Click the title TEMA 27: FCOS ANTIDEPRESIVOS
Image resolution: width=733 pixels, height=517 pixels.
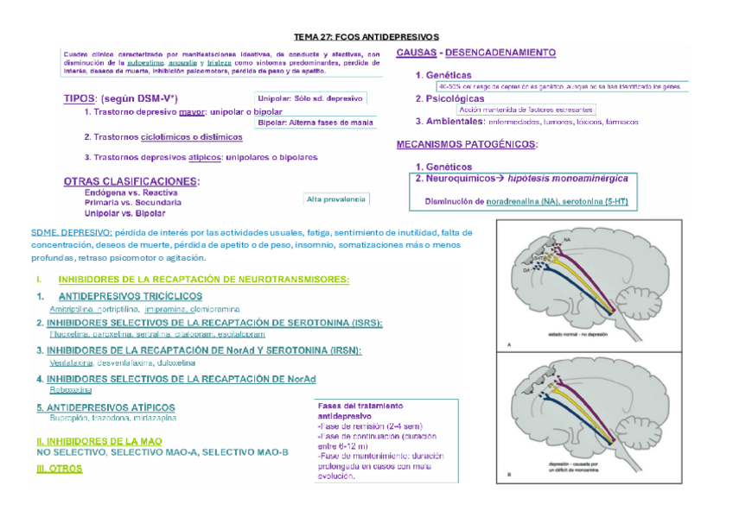point(366,37)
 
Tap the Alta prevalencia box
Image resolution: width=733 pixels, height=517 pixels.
point(336,199)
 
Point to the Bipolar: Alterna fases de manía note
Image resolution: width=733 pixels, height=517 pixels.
point(316,123)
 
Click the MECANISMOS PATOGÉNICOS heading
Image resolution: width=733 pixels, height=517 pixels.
point(466,144)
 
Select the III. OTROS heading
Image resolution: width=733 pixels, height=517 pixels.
point(60,469)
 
